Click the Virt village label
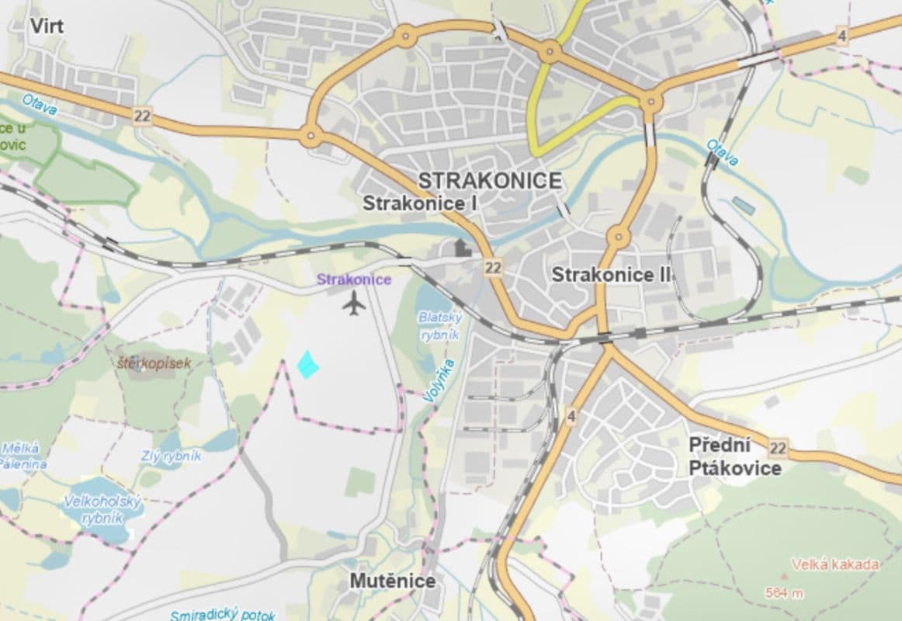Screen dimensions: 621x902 47,26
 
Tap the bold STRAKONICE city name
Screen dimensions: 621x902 489,181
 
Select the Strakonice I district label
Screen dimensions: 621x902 420,204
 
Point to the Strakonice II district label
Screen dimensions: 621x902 611,274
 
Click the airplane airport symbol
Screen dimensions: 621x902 354,304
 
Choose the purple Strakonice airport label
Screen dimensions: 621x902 354,279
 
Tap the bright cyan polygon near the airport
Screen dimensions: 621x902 308,364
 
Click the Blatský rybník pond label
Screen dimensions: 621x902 439,326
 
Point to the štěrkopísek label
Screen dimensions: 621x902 154,362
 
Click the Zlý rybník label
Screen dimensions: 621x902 171,456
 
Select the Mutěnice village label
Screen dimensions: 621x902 392,581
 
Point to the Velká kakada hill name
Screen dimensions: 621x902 834,564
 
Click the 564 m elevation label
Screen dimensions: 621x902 783,593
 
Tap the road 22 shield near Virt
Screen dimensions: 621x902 142,116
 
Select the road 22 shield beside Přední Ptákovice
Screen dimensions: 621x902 778,448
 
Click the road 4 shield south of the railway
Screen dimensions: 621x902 571,417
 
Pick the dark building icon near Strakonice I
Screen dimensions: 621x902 463,248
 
